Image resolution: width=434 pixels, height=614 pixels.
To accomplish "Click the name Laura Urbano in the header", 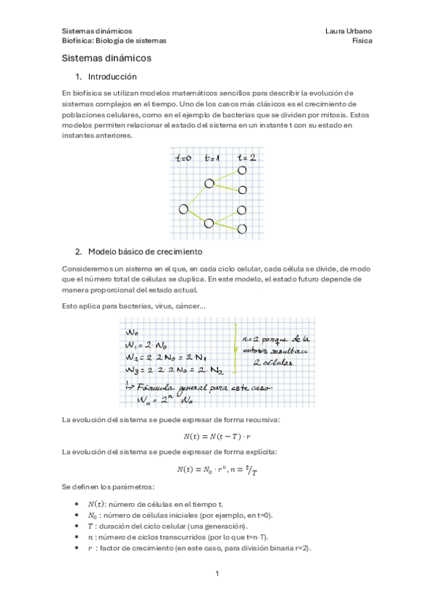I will click(x=349, y=31).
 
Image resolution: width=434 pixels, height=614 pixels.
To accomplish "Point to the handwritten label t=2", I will click(x=246, y=157).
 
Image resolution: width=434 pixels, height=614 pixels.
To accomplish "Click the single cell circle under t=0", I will click(x=184, y=209).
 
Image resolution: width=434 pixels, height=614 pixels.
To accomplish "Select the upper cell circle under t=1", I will click(x=209, y=183).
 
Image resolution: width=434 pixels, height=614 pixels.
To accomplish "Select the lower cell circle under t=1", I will click(x=209, y=223).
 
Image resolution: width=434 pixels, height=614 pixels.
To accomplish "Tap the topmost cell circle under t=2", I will click(x=243, y=171).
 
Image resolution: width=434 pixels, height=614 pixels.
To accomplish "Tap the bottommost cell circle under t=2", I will click(x=243, y=229).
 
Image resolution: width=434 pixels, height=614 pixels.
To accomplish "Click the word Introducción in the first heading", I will click(x=112, y=77).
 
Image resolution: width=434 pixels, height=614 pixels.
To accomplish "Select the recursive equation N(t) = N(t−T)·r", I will click(x=217, y=436).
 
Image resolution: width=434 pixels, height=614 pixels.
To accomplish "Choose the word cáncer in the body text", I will click(x=190, y=306).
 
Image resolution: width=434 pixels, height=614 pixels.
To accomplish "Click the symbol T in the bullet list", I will click(x=90, y=526).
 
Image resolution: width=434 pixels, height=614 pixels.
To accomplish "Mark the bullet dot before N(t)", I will click(x=78, y=504).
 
